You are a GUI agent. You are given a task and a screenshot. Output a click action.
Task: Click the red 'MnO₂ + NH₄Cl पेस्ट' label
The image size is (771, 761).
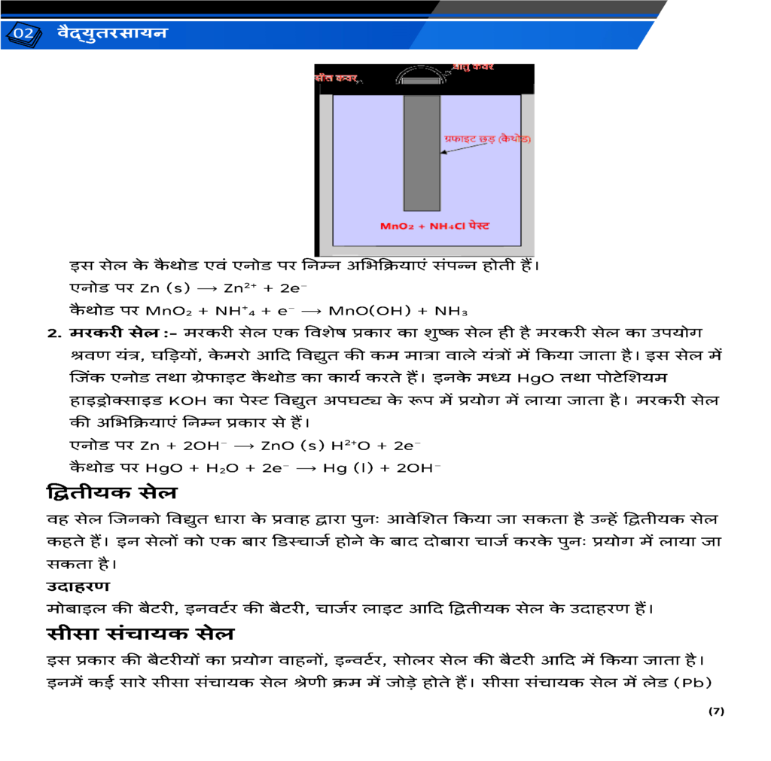[x=435, y=226]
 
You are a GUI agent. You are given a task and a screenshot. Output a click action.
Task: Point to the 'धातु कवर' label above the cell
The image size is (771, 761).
[x=473, y=67]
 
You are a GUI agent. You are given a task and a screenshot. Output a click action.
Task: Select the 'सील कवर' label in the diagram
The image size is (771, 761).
[x=337, y=78]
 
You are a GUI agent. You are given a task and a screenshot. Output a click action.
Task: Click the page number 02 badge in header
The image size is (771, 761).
[x=23, y=34]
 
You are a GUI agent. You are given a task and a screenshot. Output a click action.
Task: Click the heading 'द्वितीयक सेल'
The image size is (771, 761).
[x=111, y=494]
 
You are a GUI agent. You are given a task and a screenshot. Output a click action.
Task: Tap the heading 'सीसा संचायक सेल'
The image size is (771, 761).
[x=139, y=634]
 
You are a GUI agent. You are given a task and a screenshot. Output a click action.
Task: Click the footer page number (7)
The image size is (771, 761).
[x=715, y=711]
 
